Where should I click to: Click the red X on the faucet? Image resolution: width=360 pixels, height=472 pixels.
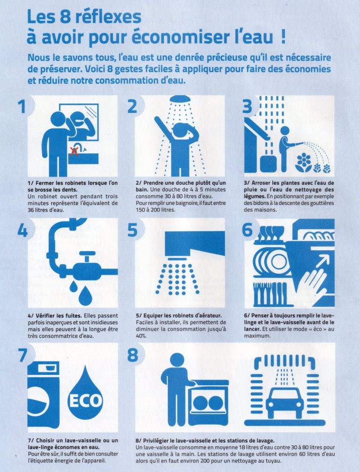click(x=75, y=151)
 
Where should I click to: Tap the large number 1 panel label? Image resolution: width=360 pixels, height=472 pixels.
click(x=22, y=106)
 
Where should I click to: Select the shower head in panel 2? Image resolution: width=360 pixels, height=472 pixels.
click(x=180, y=99)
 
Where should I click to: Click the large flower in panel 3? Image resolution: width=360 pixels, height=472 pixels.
click(x=303, y=162)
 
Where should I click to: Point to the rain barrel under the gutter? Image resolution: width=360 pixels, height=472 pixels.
click(x=268, y=164)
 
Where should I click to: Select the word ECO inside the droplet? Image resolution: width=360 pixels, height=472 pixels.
click(x=85, y=400)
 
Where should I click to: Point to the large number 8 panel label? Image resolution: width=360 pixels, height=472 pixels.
click(x=133, y=355)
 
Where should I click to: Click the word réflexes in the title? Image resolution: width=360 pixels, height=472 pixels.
click(x=108, y=17)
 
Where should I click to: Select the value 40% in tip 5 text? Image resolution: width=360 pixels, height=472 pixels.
click(x=141, y=336)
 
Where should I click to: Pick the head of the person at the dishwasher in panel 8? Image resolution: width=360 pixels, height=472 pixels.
click(x=177, y=360)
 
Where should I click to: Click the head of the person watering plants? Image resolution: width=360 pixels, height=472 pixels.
click(x=285, y=131)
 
